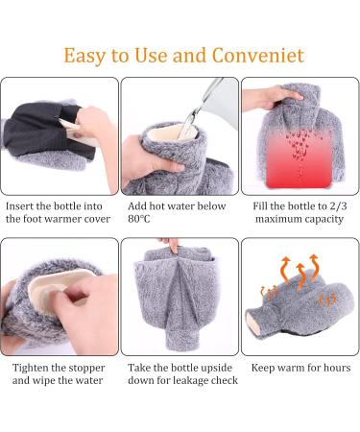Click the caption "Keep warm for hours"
tap(300, 368)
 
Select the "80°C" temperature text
tap(142, 219)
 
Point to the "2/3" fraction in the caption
tap(332, 205)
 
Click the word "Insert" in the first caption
tap(23, 205)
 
